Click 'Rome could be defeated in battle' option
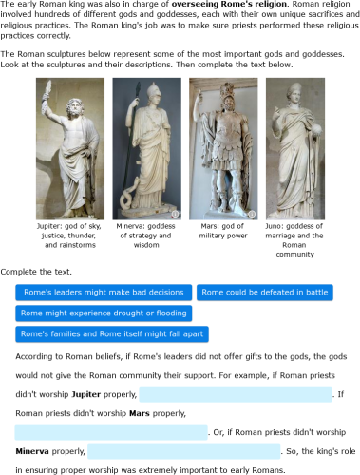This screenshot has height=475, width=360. pos(265,293)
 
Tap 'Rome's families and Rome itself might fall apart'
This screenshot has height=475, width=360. pos(112,334)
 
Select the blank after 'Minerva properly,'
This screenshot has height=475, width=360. pos(184,451)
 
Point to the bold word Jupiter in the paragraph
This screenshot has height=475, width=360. pos(86,394)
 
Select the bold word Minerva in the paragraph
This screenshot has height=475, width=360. pos(34,451)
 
